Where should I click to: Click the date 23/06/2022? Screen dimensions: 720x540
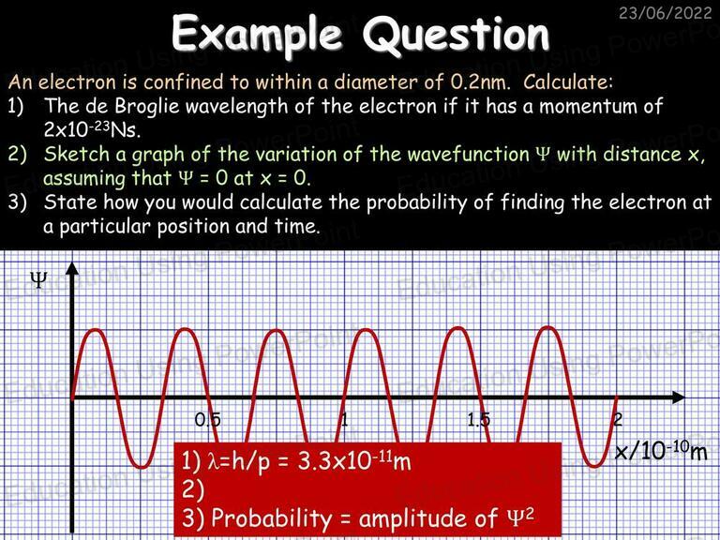coord(665,12)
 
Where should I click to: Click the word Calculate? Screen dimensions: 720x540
coord(568,82)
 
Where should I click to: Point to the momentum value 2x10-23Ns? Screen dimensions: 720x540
coord(92,130)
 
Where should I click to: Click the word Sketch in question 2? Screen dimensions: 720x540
coord(77,155)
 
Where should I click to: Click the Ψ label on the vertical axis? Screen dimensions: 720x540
coord(38,279)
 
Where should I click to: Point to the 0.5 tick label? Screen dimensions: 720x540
coord(207,420)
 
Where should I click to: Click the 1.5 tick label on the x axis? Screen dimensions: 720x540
coord(478,420)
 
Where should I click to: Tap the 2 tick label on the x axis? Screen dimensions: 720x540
coord(618,420)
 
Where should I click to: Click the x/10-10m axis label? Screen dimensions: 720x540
coord(661,451)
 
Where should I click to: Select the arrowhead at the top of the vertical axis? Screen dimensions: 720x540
coord(72,269)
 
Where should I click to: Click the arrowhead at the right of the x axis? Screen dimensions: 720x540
coord(678,397)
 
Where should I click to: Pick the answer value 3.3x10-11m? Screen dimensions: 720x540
coord(354,460)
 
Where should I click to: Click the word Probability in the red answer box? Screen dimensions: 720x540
coord(271,518)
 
